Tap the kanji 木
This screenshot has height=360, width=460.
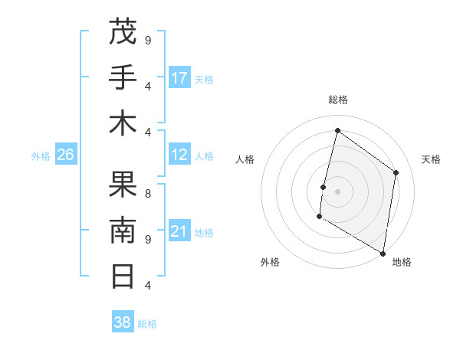(123, 123)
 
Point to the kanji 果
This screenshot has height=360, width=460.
(123, 184)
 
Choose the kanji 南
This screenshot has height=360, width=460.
(123, 230)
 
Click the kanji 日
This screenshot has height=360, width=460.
(123, 276)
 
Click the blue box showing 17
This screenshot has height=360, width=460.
(179, 77)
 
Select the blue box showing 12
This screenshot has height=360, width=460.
(179, 155)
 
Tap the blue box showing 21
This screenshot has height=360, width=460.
(179, 231)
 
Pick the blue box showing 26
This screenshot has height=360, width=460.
(66, 155)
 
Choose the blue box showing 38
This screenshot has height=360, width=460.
(123, 322)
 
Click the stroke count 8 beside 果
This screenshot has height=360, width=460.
(148, 194)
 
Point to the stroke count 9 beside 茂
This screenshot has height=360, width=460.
(148, 40)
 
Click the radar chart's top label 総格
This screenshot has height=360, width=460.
(337, 100)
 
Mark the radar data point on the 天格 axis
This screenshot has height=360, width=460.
(396, 172)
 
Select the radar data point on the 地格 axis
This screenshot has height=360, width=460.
(383, 254)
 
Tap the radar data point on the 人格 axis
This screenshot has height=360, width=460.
(324, 187)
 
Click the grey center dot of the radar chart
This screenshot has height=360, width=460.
(337, 191)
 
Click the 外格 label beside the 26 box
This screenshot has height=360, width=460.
(41, 155)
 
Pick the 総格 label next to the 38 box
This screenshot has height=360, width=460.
(147, 324)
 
